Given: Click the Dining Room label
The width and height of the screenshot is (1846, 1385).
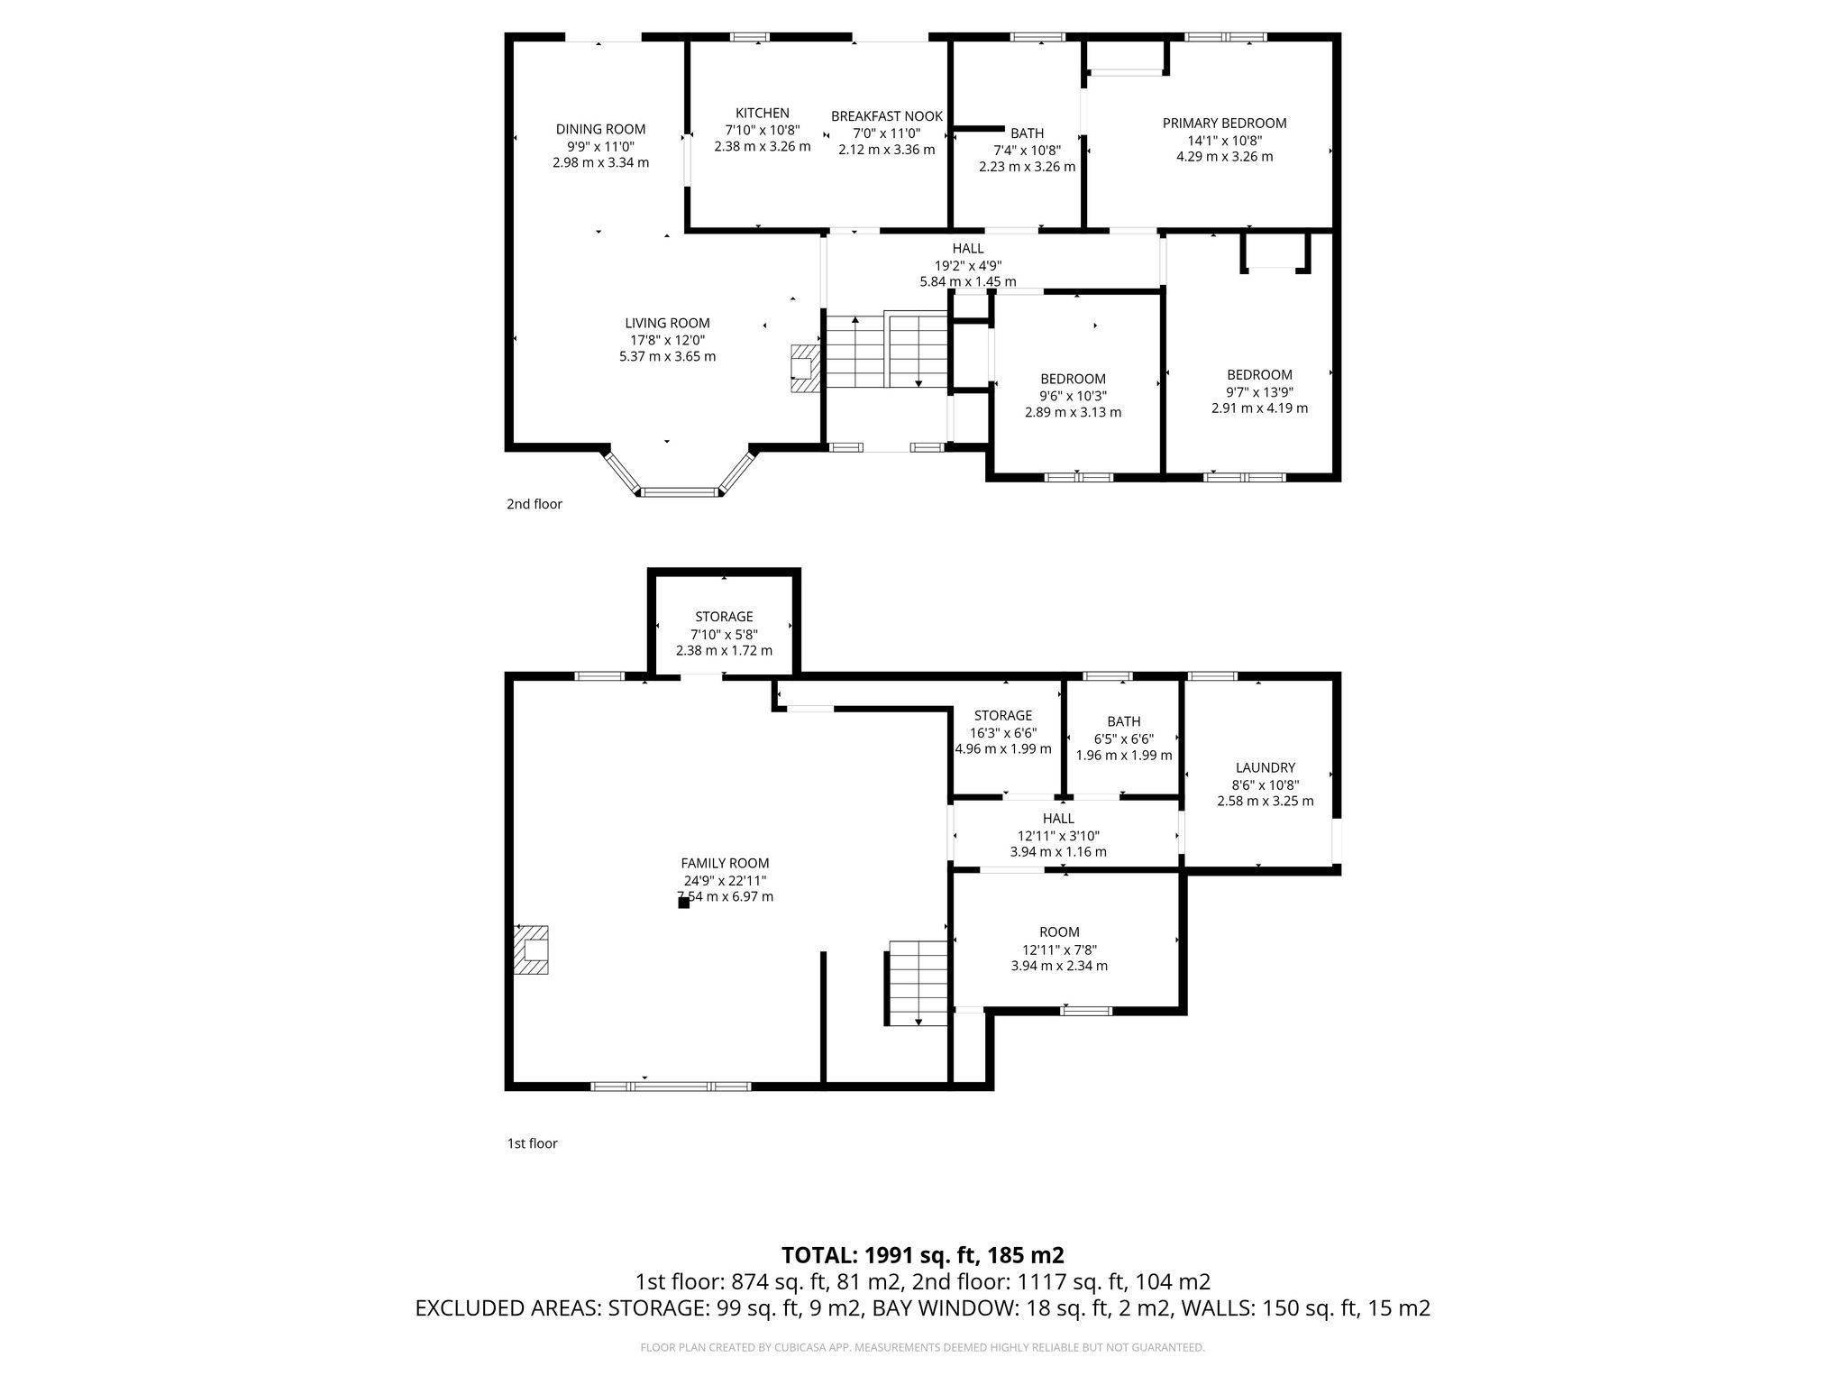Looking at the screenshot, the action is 600,129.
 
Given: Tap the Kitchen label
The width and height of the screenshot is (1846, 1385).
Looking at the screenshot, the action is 763,113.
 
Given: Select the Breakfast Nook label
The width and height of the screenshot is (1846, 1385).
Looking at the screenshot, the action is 887,116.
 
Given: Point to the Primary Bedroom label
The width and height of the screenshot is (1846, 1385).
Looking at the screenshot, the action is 1224,124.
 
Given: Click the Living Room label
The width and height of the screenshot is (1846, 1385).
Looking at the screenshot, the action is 668,323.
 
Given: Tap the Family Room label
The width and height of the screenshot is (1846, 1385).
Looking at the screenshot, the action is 725,863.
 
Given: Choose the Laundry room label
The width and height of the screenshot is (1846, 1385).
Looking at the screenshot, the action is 1266,767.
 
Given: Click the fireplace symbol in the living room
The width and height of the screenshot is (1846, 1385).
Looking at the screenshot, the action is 806,368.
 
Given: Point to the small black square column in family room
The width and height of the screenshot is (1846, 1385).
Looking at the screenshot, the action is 683,903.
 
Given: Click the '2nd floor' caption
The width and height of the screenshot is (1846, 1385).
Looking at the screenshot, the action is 535,504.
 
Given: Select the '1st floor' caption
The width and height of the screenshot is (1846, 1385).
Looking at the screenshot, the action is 532,1143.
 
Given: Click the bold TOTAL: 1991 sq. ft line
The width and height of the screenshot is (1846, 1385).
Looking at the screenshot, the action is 923,1255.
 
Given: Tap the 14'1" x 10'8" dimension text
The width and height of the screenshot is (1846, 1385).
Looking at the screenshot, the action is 1224,140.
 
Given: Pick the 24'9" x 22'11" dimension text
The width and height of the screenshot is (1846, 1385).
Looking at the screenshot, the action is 725,880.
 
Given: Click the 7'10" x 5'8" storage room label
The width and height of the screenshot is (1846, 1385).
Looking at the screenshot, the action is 724,634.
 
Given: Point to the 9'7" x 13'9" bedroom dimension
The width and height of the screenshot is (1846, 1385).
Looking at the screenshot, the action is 1259,391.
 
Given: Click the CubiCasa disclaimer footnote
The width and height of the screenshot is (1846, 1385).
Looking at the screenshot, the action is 922,1348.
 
